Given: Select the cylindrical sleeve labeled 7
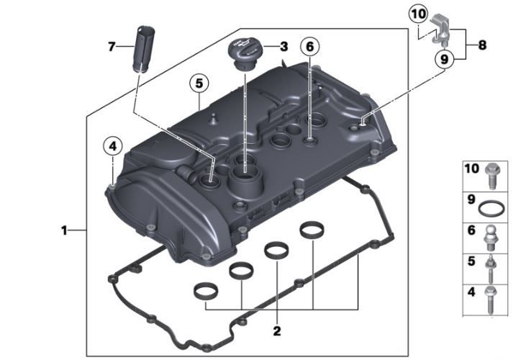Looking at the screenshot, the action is pos(144,49).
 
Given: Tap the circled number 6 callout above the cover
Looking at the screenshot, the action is pos(309,47).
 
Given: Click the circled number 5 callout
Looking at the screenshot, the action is pos(199,84).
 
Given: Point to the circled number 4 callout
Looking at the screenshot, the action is pos(112,146).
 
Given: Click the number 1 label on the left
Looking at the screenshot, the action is pos(64,230).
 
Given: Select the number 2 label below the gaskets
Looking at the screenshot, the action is pos(277,331).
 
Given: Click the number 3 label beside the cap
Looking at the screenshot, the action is pos(284,47).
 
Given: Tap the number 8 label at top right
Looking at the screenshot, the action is pos(482,45).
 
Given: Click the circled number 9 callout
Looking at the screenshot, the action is pos(445,59).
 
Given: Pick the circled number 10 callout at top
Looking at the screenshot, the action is pos(419,14).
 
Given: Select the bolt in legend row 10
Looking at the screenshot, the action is pos(492,176).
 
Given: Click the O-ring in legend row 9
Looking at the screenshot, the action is pos(491,209).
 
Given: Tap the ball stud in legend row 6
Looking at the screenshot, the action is pos(491,238).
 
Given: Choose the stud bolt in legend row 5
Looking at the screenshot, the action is pos(491,269).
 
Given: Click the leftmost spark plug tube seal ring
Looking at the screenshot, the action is pos(206,289).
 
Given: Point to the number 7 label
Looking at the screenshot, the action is pos(112,47).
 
